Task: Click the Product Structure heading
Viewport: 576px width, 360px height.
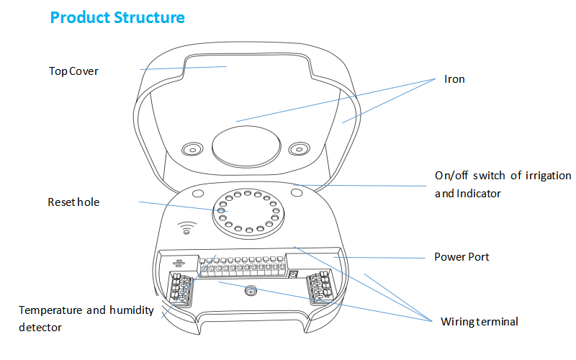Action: (117, 17)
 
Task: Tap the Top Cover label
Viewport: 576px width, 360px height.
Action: (73, 71)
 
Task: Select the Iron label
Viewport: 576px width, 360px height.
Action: (454, 79)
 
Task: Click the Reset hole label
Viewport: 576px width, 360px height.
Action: (73, 202)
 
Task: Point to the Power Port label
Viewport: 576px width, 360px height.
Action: (462, 257)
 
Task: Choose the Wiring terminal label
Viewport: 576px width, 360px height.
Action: (480, 322)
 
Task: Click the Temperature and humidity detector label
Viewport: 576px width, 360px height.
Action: (86, 318)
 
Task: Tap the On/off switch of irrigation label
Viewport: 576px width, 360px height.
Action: (503, 176)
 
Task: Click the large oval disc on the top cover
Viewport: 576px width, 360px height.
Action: (246, 144)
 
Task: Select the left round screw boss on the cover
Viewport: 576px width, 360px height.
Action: (192, 149)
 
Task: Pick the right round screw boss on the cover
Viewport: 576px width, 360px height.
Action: (298, 149)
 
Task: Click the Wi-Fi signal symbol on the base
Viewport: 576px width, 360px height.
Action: (185, 228)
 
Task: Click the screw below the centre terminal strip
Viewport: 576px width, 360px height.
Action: (251, 292)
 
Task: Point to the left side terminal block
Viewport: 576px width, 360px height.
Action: (180, 289)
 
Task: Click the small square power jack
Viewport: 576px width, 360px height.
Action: (293, 274)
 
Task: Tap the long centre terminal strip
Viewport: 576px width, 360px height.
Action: (242, 267)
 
